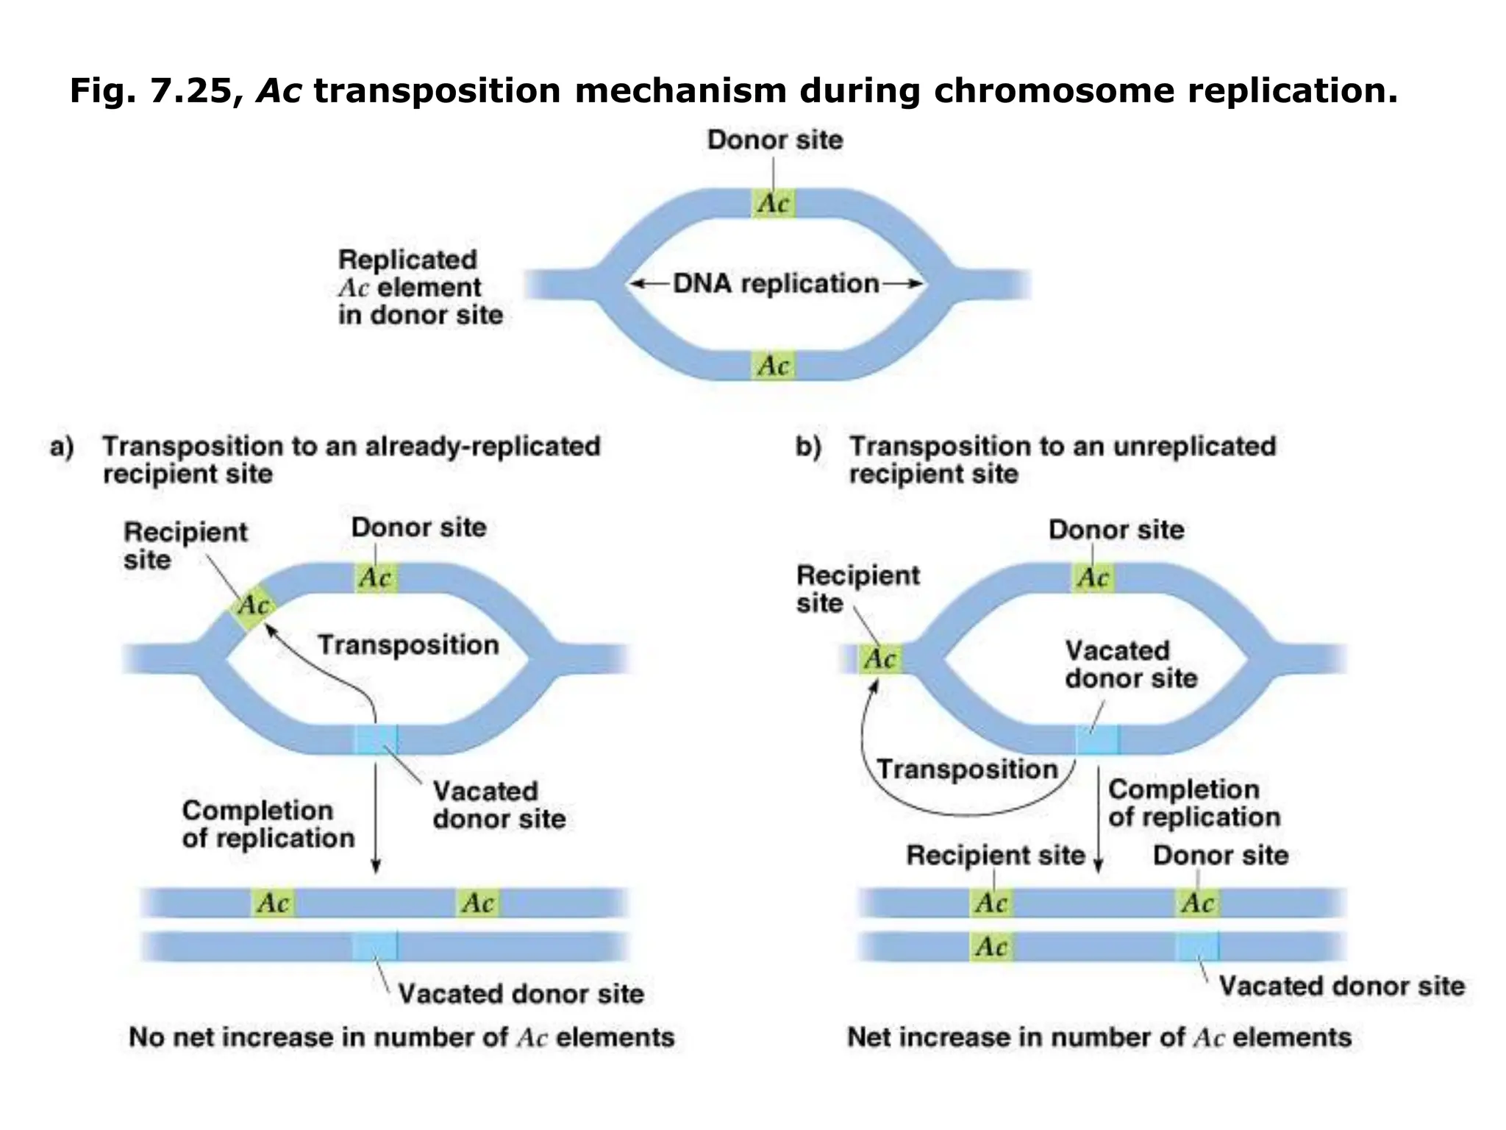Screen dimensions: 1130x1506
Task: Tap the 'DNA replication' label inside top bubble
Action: [776, 283]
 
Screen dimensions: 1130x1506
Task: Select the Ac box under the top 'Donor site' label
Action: [774, 203]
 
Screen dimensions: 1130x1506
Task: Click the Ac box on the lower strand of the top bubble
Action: [774, 365]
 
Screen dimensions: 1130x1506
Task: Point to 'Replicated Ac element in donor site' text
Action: [420, 287]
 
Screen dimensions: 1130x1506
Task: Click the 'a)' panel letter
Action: [62, 447]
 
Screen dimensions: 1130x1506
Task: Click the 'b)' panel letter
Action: [808, 447]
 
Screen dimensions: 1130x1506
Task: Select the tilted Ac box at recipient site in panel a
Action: [252, 605]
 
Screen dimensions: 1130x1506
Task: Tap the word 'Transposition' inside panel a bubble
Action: [408, 645]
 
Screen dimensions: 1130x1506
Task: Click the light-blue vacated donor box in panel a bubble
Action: [376, 739]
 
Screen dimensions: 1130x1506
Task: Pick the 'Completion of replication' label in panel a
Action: [268, 824]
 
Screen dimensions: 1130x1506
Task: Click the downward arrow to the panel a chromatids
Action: [376, 817]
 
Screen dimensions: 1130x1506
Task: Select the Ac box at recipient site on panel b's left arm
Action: [880, 658]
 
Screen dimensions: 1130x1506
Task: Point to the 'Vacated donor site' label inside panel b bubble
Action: [1130, 664]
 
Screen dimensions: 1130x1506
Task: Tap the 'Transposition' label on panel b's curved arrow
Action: [967, 770]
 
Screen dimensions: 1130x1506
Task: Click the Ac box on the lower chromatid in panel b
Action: [991, 946]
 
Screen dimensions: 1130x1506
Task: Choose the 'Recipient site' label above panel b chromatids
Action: [995, 856]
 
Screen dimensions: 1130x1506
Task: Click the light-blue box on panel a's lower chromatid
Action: [375, 946]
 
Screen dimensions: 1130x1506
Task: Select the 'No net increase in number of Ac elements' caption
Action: [402, 1037]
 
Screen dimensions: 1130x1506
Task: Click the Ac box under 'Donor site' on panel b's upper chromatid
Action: [1197, 903]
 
